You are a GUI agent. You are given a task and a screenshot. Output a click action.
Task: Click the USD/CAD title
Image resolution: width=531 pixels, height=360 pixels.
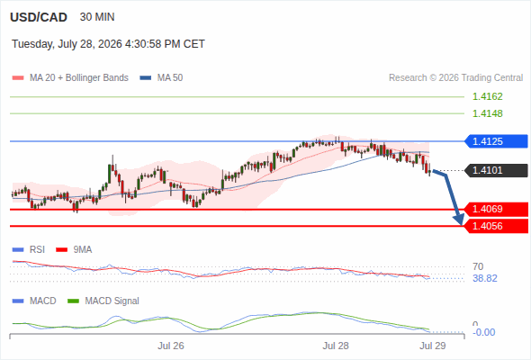(39, 17)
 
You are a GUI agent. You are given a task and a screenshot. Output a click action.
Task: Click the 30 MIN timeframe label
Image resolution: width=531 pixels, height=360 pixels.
(97, 17)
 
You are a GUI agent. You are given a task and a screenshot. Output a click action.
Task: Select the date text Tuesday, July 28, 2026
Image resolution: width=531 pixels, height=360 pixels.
(67, 44)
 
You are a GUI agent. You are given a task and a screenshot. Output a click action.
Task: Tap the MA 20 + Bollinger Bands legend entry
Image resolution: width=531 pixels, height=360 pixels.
(70, 78)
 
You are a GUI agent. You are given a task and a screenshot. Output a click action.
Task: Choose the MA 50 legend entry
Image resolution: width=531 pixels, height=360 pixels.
(161, 78)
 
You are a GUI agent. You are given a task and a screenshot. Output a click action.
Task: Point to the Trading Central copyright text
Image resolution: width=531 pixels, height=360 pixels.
(455, 78)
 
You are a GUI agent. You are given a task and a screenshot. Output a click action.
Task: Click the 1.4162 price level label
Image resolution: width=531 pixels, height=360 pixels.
(487, 96)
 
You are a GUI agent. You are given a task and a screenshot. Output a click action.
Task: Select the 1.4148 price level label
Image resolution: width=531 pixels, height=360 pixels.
(487, 113)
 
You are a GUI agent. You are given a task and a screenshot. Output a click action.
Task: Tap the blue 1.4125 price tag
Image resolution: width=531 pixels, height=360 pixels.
(496, 141)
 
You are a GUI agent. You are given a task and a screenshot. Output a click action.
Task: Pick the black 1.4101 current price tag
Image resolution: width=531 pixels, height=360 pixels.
(496, 170)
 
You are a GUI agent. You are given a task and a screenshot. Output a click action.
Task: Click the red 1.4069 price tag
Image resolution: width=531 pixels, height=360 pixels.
(496, 210)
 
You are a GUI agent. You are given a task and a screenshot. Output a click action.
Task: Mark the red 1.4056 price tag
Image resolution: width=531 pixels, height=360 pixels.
(496, 226)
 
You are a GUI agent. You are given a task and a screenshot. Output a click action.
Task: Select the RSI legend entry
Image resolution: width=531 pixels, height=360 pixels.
(29, 250)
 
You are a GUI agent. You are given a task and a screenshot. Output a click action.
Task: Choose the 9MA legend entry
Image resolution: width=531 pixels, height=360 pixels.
(74, 250)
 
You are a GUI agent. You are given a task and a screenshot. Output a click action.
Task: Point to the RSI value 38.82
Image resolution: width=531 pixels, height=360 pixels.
(485, 278)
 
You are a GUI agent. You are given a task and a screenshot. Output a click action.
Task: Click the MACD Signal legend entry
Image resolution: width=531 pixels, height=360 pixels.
(103, 301)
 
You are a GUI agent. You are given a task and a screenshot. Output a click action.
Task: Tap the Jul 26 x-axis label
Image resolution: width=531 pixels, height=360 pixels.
(171, 346)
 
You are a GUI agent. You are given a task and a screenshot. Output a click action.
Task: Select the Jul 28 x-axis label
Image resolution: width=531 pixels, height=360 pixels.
(336, 346)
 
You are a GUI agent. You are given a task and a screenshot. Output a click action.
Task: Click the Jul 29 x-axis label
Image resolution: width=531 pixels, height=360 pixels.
(433, 346)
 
